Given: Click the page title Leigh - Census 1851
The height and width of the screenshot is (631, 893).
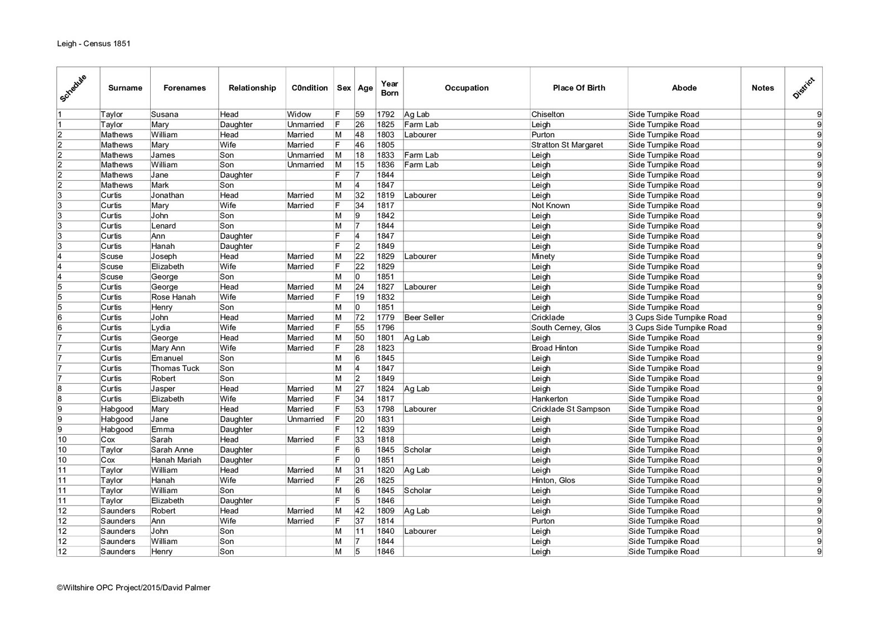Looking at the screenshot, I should tap(94, 44).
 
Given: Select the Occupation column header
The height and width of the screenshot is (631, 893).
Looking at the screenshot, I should tap(467, 88).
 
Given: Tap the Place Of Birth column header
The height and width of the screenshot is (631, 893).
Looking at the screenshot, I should tap(579, 88).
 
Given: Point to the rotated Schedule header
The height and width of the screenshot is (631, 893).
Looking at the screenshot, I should tap(73, 88).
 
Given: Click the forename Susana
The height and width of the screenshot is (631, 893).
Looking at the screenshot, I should tap(165, 114).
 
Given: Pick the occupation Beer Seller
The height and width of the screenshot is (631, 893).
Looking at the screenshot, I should tap(424, 317).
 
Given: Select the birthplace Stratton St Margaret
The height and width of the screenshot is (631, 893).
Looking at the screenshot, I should tap(567, 145).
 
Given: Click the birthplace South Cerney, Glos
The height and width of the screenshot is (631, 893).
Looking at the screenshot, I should tap(566, 327).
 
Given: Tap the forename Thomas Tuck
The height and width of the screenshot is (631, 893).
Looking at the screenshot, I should tap(175, 368).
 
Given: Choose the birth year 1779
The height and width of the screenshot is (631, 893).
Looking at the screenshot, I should tap(386, 317).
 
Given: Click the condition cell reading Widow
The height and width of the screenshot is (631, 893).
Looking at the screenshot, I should tap(299, 114).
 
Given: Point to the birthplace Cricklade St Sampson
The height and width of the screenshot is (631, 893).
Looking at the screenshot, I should tap(570, 409).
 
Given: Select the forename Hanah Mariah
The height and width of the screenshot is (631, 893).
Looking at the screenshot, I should tap(176, 460).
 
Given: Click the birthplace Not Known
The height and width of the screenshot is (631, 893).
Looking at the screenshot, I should tap(551, 206).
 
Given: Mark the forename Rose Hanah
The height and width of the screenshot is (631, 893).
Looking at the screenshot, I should tap(174, 297).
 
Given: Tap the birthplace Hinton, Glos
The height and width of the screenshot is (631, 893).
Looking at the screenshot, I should tap(553, 480).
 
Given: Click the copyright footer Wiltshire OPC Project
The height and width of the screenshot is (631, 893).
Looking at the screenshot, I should tap(133, 587).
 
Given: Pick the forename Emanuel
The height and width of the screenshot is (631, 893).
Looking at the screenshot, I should tap(167, 358).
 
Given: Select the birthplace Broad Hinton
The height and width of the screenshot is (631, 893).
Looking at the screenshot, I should tap(555, 348).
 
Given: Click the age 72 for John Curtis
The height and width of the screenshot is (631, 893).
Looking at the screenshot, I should tap(360, 317).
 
